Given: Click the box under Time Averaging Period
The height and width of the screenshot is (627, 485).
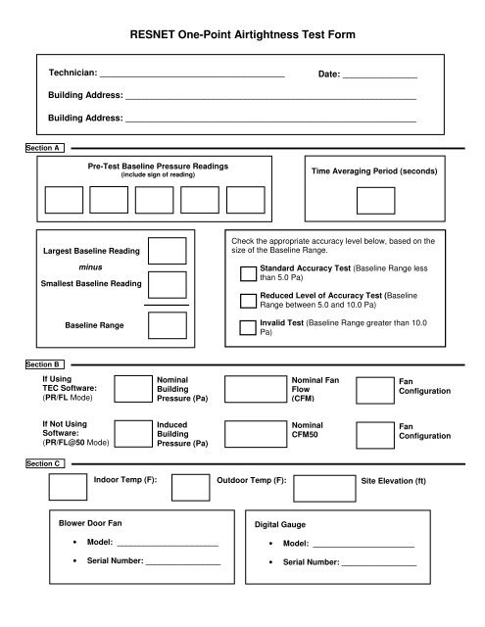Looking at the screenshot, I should (373, 199).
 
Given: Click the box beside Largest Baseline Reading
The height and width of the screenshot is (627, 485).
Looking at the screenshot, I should (168, 251).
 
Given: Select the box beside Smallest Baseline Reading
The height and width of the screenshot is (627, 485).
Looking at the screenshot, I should (168, 284).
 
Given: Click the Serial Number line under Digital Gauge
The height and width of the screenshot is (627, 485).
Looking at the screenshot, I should (377, 563).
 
